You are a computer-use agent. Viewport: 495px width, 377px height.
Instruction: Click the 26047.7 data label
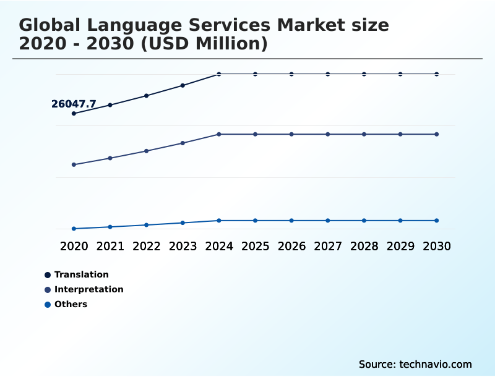[74, 104]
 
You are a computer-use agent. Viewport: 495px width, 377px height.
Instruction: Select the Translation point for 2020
[74, 114]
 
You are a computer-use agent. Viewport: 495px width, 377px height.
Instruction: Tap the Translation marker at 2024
[219, 74]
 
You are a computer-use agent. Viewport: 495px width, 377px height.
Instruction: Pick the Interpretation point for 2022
[147, 151]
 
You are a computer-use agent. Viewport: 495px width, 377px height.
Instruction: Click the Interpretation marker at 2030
[437, 134]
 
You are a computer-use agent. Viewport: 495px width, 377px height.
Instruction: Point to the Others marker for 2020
[74, 229]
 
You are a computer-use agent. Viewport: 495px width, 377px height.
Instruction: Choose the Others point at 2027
[328, 221]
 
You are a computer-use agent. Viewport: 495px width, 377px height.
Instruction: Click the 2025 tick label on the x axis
[255, 246]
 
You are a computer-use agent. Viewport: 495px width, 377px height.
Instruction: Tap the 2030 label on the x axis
[437, 246]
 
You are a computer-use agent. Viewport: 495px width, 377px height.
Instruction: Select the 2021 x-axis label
[110, 246]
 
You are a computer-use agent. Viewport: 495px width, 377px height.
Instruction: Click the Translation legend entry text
[81, 274]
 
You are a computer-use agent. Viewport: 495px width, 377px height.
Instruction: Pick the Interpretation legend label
[88, 289]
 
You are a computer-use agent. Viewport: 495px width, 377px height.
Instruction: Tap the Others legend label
[71, 304]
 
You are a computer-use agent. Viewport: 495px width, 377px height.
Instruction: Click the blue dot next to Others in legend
[48, 304]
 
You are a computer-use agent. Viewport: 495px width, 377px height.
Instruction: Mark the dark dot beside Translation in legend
[48, 274]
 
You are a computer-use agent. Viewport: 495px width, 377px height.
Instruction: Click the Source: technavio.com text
[415, 364]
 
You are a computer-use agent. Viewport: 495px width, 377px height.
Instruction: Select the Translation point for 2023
[183, 85]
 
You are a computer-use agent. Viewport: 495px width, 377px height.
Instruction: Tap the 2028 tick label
[364, 246]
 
